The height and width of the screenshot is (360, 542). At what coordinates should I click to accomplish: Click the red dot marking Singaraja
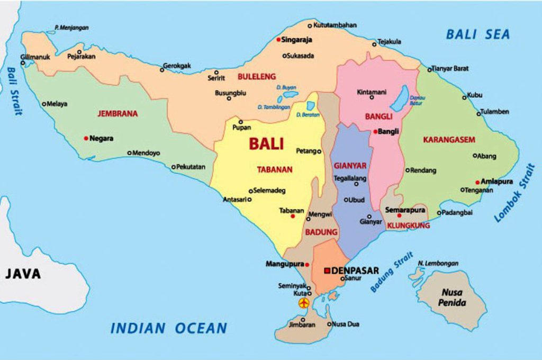[x=278, y=40]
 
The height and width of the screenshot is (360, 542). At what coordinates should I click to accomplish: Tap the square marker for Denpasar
[x=327, y=271]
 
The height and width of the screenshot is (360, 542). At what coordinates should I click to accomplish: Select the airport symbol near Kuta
[x=304, y=303]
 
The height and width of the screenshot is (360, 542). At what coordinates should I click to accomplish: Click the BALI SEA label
[x=477, y=34]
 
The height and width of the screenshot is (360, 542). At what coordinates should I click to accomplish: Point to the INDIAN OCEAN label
[x=168, y=328]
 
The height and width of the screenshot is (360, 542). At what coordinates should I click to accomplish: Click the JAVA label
[x=23, y=274]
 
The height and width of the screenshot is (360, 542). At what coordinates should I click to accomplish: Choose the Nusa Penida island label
[x=454, y=298]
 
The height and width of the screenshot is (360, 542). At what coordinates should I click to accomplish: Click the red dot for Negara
[x=86, y=138]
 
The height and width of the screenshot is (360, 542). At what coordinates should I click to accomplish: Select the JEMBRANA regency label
[x=118, y=113]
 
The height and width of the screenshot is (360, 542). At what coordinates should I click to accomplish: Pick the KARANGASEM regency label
[x=449, y=140]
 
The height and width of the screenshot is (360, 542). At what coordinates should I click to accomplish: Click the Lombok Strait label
[x=514, y=193]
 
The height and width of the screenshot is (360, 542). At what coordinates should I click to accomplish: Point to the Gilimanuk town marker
[x=23, y=63]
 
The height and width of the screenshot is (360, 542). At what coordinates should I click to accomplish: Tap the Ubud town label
[x=356, y=200]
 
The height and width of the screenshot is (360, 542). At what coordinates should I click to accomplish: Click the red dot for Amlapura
[x=477, y=182]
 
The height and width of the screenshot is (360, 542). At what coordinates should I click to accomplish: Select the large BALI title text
[x=266, y=143]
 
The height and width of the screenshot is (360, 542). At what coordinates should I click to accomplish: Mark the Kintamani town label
[x=372, y=92]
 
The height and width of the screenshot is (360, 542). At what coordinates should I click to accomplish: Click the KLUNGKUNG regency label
[x=408, y=226]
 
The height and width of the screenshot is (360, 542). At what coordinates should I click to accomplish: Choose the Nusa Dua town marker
[x=329, y=324]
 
